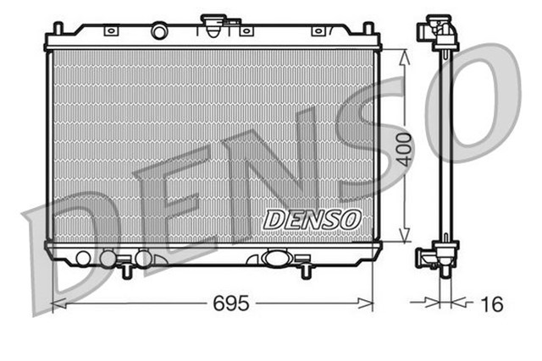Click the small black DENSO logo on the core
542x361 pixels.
312,218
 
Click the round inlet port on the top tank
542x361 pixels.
160,31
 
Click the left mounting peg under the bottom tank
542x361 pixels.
125,271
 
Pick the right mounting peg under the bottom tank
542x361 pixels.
303,271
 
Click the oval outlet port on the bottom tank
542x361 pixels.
277,258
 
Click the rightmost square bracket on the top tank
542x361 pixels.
318,32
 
